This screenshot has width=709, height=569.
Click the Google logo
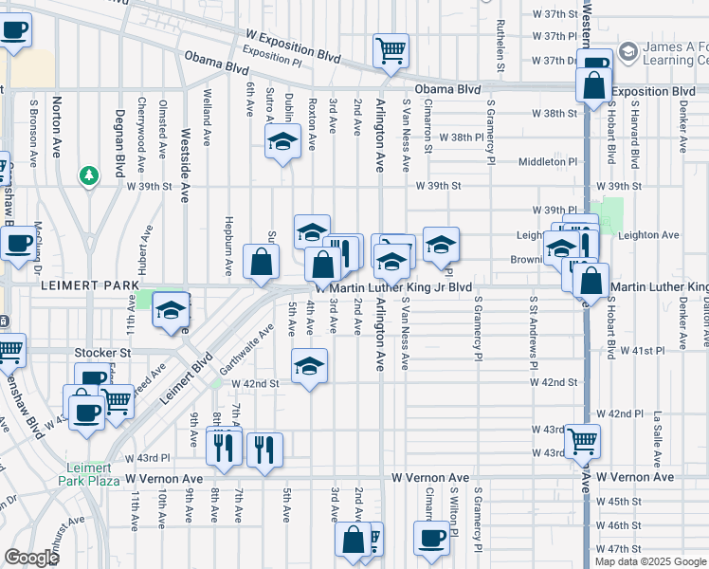pyautogui.click(x=32, y=558)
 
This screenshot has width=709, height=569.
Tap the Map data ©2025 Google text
pyautogui.click(x=650, y=561)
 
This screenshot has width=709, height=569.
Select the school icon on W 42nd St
pyautogui.click(x=309, y=366)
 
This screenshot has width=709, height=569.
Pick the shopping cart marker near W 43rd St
pyautogui.click(x=582, y=439)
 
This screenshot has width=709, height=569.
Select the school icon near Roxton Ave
pyautogui.click(x=281, y=143)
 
